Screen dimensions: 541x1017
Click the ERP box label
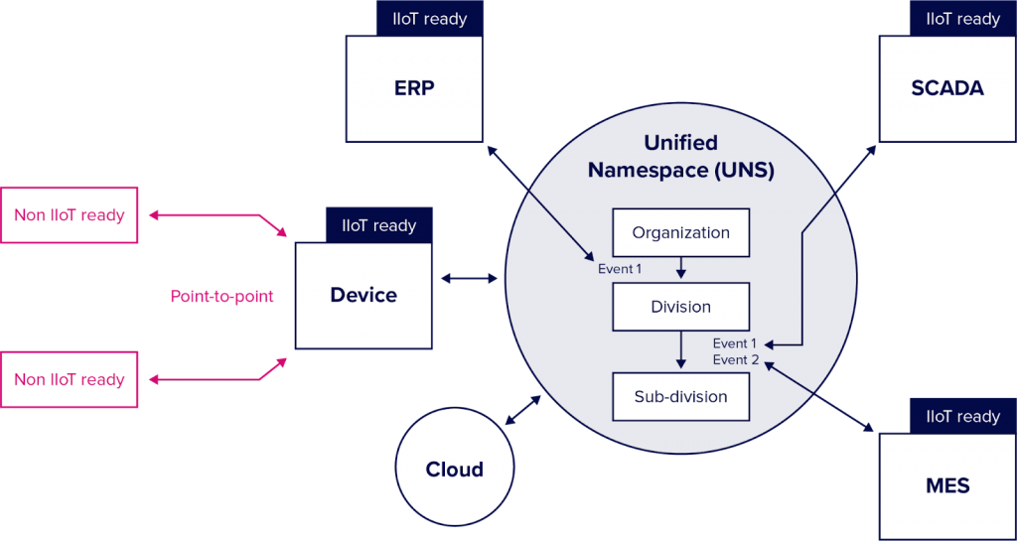click(414, 88)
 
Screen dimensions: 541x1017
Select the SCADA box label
click(946, 88)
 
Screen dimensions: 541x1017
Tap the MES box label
click(946, 485)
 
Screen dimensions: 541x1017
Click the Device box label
click(363, 296)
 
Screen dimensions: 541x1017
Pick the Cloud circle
click(455, 469)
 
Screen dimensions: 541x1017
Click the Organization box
click(680, 233)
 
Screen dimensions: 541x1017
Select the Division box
click(680, 307)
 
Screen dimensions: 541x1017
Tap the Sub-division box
click(680, 397)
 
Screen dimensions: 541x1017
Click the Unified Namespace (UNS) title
click(680, 157)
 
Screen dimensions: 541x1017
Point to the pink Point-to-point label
click(221, 296)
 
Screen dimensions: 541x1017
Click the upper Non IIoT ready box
click(70, 215)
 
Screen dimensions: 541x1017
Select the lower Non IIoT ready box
click(70, 379)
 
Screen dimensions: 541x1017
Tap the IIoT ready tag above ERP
click(429, 19)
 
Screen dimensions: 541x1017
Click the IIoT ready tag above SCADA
click(961, 19)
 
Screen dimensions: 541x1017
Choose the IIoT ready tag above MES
click(961, 416)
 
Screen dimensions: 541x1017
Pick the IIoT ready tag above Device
click(378, 225)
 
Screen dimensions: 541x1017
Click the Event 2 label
click(735, 359)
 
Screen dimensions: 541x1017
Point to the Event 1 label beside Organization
click(620, 269)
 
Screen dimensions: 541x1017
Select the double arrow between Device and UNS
click(470, 279)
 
